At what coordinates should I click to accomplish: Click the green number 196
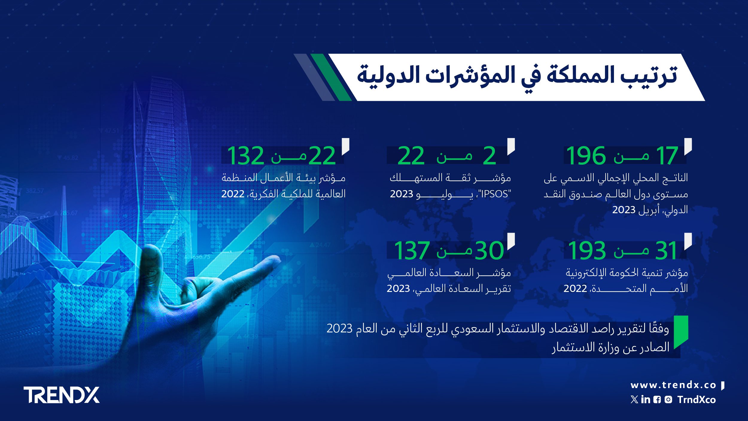coord(586,156)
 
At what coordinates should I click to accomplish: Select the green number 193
coord(587,251)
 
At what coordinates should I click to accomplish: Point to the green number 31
coord(666,251)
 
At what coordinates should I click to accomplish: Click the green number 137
coord(412,251)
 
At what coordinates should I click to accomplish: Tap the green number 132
coord(246,156)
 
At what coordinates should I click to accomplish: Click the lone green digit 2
coord(489,156)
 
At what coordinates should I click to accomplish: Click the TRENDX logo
coord(62,395)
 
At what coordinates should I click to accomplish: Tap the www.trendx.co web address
coord(673,385)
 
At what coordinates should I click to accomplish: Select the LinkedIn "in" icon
coord(646,399)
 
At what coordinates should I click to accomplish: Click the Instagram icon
coord(668,400)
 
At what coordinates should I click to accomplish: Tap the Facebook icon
coord(657,400)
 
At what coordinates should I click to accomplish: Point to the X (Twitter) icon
coord(634,399)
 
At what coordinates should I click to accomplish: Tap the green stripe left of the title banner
coord(331,77)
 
